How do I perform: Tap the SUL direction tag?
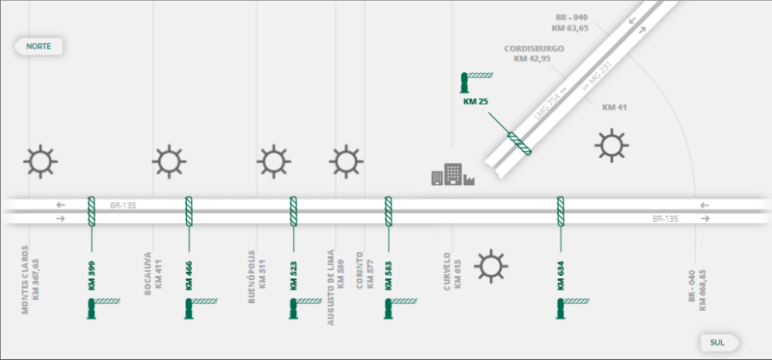pos(718,342)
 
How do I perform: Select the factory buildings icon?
pos(452,174)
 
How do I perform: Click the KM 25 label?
pos(476,102)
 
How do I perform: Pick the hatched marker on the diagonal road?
pos(519,144)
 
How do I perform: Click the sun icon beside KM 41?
pos(611,145)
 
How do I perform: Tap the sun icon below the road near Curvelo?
pos(491,267)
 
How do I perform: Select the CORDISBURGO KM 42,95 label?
pos(533,53)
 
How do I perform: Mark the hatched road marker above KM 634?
pos(561,211)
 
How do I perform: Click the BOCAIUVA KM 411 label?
pos(152,270)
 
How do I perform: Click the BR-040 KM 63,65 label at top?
pos(572,22)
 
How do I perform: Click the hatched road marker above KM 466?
pos(189,211)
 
